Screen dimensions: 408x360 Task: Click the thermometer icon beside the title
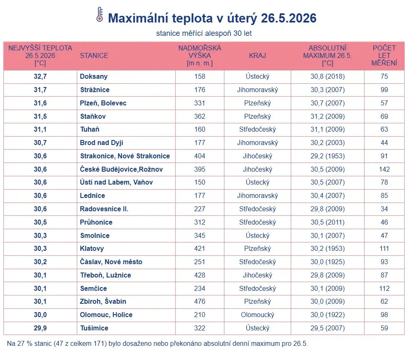tap(100, 15)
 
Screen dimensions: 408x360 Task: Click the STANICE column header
tap(94, 55)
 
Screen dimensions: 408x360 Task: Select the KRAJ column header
tap(257, 55)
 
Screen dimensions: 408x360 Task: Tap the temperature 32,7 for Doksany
tap(40, 76)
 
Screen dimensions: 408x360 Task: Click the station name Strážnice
tap(95, 90)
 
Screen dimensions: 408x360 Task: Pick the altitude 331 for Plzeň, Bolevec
tap(199, 103)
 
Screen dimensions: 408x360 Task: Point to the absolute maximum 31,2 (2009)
tap(327, 116)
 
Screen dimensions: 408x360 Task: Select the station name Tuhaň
tap(90, 130)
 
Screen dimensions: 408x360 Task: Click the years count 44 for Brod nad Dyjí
tap(384, 142)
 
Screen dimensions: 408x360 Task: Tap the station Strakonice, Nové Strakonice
tap(125, 156)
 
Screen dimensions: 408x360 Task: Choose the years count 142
tap(384, 169)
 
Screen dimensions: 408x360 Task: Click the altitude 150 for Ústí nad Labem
tap(199, 182)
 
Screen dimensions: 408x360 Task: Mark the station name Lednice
tap(92, 195)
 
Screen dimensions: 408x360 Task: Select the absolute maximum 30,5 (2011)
tap(327, 222)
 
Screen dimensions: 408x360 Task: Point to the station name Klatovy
tap(92, 249)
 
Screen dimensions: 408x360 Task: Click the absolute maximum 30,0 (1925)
tap(327, 262)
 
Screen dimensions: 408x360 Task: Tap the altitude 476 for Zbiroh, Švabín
tap(199, 302)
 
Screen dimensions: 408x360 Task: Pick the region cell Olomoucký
tap(257, 315)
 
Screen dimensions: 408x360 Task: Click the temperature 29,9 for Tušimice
tap(40, 328)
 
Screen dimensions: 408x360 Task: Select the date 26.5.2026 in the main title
tap(289, 18)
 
